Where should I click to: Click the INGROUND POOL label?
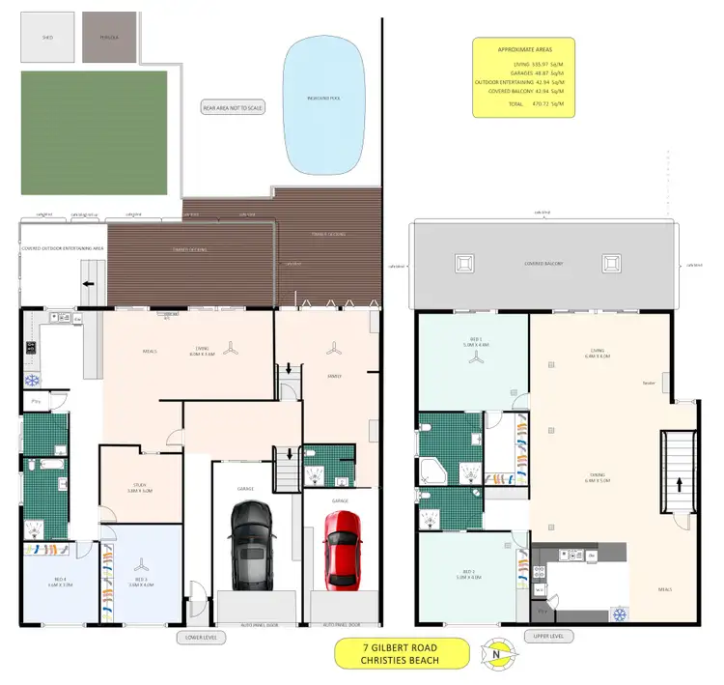pos(323,98)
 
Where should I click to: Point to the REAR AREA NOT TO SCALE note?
pos(233,108)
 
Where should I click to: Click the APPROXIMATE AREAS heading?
pos(522,48)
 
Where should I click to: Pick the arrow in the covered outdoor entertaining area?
pos(89,284)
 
